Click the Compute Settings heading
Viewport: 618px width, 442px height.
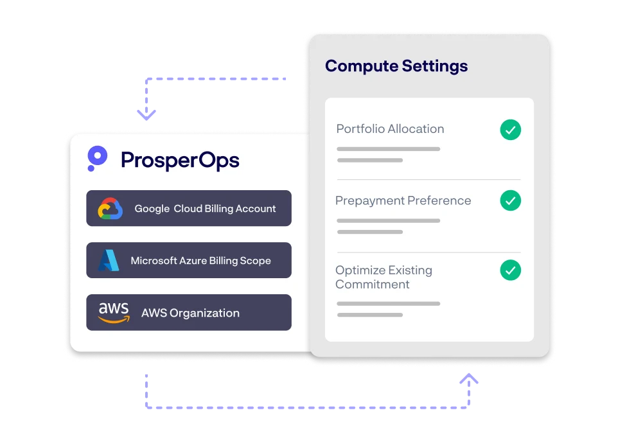point(396,66)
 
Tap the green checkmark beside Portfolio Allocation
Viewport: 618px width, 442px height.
point(511,130)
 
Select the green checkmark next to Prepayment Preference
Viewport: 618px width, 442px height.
point(511,200)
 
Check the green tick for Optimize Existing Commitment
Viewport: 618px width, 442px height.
point(511,270)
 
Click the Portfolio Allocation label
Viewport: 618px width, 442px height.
point(390,129)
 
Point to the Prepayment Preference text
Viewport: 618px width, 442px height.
point(403,201)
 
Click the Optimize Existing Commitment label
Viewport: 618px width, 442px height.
point(384,278)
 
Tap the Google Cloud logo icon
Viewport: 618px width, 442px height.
point(110,209)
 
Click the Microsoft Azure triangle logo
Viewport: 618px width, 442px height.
point(109,260)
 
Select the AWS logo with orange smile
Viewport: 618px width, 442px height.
point(114,312)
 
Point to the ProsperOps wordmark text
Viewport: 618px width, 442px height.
point(180,160)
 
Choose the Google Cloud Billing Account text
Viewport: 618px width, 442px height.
point(205,209)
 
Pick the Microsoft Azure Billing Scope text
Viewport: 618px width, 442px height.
point(200,261)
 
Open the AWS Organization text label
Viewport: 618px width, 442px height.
point(190,314)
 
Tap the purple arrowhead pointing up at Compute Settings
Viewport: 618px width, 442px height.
point(470,378)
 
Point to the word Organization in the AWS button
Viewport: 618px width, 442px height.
point(205,314)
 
